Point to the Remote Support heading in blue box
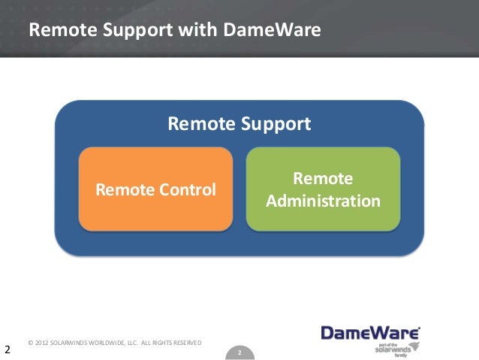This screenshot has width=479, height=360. pyautogui.click(x=239, y=123)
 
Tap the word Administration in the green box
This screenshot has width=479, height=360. pyautogui.click(x=323, y=201)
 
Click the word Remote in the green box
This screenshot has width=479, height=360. pyautogui.click(x=323, y=179)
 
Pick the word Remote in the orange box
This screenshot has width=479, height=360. pyautogui.click(x=122, y=189)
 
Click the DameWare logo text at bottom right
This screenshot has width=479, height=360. pyautogui.click(x=369, y=332)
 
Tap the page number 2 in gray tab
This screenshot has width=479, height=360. pyautogui.click(x=239, y=352)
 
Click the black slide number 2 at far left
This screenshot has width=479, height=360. pyautogui.click(x=7, y=349)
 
